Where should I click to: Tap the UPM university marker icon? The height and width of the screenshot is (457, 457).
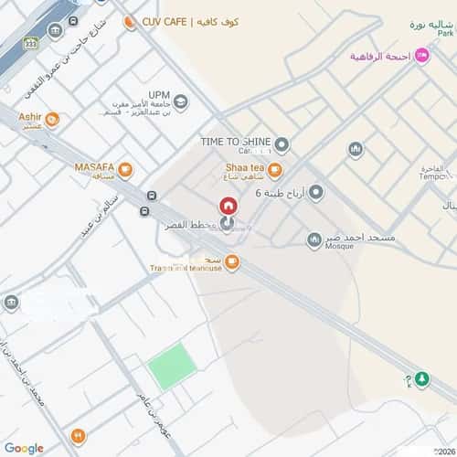pos(181,101)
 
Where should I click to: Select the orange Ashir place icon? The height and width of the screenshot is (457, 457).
pos(52,120)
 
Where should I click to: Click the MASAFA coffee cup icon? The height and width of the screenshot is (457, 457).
pos(124,169)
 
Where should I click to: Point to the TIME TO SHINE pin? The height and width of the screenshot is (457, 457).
pos(282,143)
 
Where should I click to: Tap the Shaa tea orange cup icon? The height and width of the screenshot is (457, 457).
pos(275,169)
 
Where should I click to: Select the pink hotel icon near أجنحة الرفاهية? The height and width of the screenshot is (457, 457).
pos(421,56)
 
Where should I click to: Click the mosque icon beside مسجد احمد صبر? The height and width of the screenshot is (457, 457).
pos(314,239)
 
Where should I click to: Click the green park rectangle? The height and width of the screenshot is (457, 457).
pos(173,367)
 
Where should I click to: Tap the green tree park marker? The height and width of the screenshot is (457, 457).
pos(420,378)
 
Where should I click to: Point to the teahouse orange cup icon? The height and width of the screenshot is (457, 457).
pos(232,264)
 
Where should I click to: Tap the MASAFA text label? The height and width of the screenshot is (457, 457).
pos(95,167)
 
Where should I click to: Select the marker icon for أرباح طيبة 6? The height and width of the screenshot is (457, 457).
pos(316,192)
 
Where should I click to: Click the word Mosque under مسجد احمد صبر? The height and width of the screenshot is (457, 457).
pos(340,248)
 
